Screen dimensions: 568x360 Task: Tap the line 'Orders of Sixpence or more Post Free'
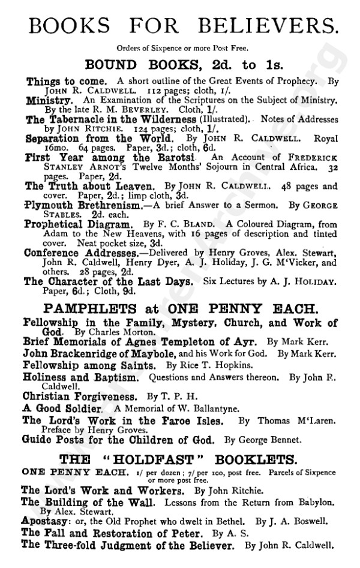click(x=181, y=49)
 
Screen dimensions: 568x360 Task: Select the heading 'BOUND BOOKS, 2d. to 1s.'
click(x=181, y=64)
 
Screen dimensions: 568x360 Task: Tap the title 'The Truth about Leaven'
click(x=90, y=186)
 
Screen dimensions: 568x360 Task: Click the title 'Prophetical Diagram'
click(x=77, y=224)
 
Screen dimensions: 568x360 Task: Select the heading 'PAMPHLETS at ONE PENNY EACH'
click(x=181, y=309)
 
